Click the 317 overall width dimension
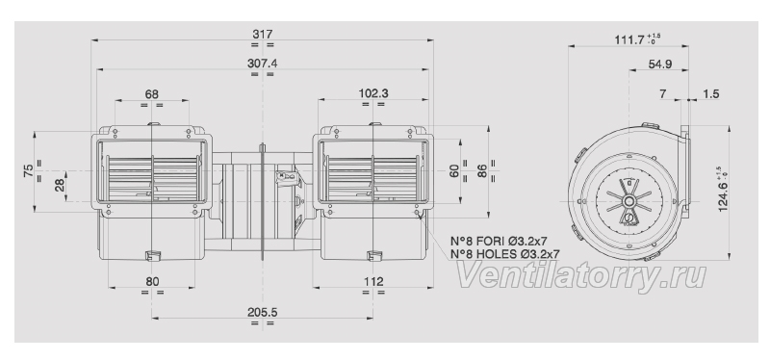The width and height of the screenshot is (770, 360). [x=263, y=34]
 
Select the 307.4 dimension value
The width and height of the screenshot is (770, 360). [x=263, y=64]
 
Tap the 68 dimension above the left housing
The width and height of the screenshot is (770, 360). [x=152, y=93]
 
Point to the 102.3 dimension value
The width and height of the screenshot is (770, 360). [x=373, y=93]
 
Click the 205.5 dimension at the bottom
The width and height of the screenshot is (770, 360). [x=263, y=312]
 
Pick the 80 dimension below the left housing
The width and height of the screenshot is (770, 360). [x=152, y=281]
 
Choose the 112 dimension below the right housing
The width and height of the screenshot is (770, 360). [x=373, y=281]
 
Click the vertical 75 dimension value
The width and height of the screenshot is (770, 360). [x=29, y=171]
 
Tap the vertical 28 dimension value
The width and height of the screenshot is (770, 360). [x=60, y=186]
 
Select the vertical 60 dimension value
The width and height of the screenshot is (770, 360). [x=454, y=171]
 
